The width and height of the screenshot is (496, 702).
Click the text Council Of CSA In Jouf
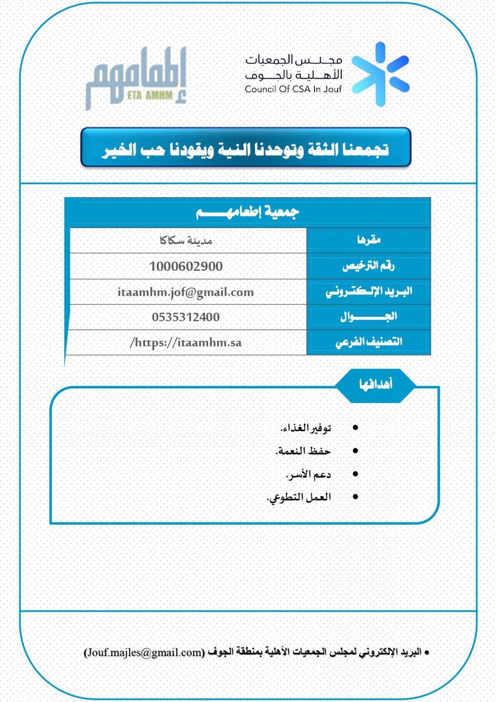pos(293,89)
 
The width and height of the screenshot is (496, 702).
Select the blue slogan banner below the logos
pos(246,148)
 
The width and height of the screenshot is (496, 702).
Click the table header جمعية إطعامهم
pos(247,212)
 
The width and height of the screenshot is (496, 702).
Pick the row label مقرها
pos(368,240)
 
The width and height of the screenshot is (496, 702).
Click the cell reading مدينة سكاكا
pos(186,240)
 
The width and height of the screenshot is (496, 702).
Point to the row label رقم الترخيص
pos(368,266)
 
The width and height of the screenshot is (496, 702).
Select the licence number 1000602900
pos(186,266)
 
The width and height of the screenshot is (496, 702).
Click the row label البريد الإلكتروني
pos(368,292)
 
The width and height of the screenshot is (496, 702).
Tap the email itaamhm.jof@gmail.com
pos(186,292)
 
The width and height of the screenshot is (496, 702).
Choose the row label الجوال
pos(368,317)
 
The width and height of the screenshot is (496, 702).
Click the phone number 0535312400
pos(186,317)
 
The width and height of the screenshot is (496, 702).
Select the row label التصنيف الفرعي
pos(368,342)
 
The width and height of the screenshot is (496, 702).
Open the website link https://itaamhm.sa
pos(186,343)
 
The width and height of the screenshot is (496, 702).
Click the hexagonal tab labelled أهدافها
pos(375,385)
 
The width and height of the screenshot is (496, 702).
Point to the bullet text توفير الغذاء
pos(306,428)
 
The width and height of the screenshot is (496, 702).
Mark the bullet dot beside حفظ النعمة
pos(355,451)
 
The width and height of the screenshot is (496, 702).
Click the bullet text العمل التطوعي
pos(299,497)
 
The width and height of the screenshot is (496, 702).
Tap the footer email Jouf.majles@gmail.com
pos(144,652)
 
